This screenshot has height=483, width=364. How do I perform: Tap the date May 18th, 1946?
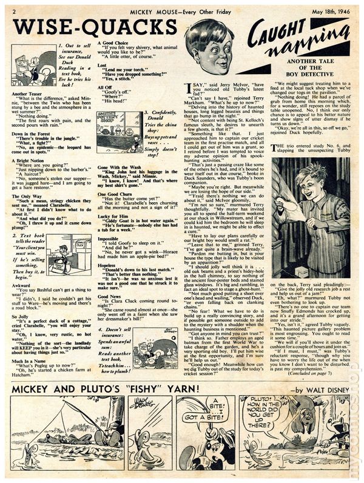pos(327,8)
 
